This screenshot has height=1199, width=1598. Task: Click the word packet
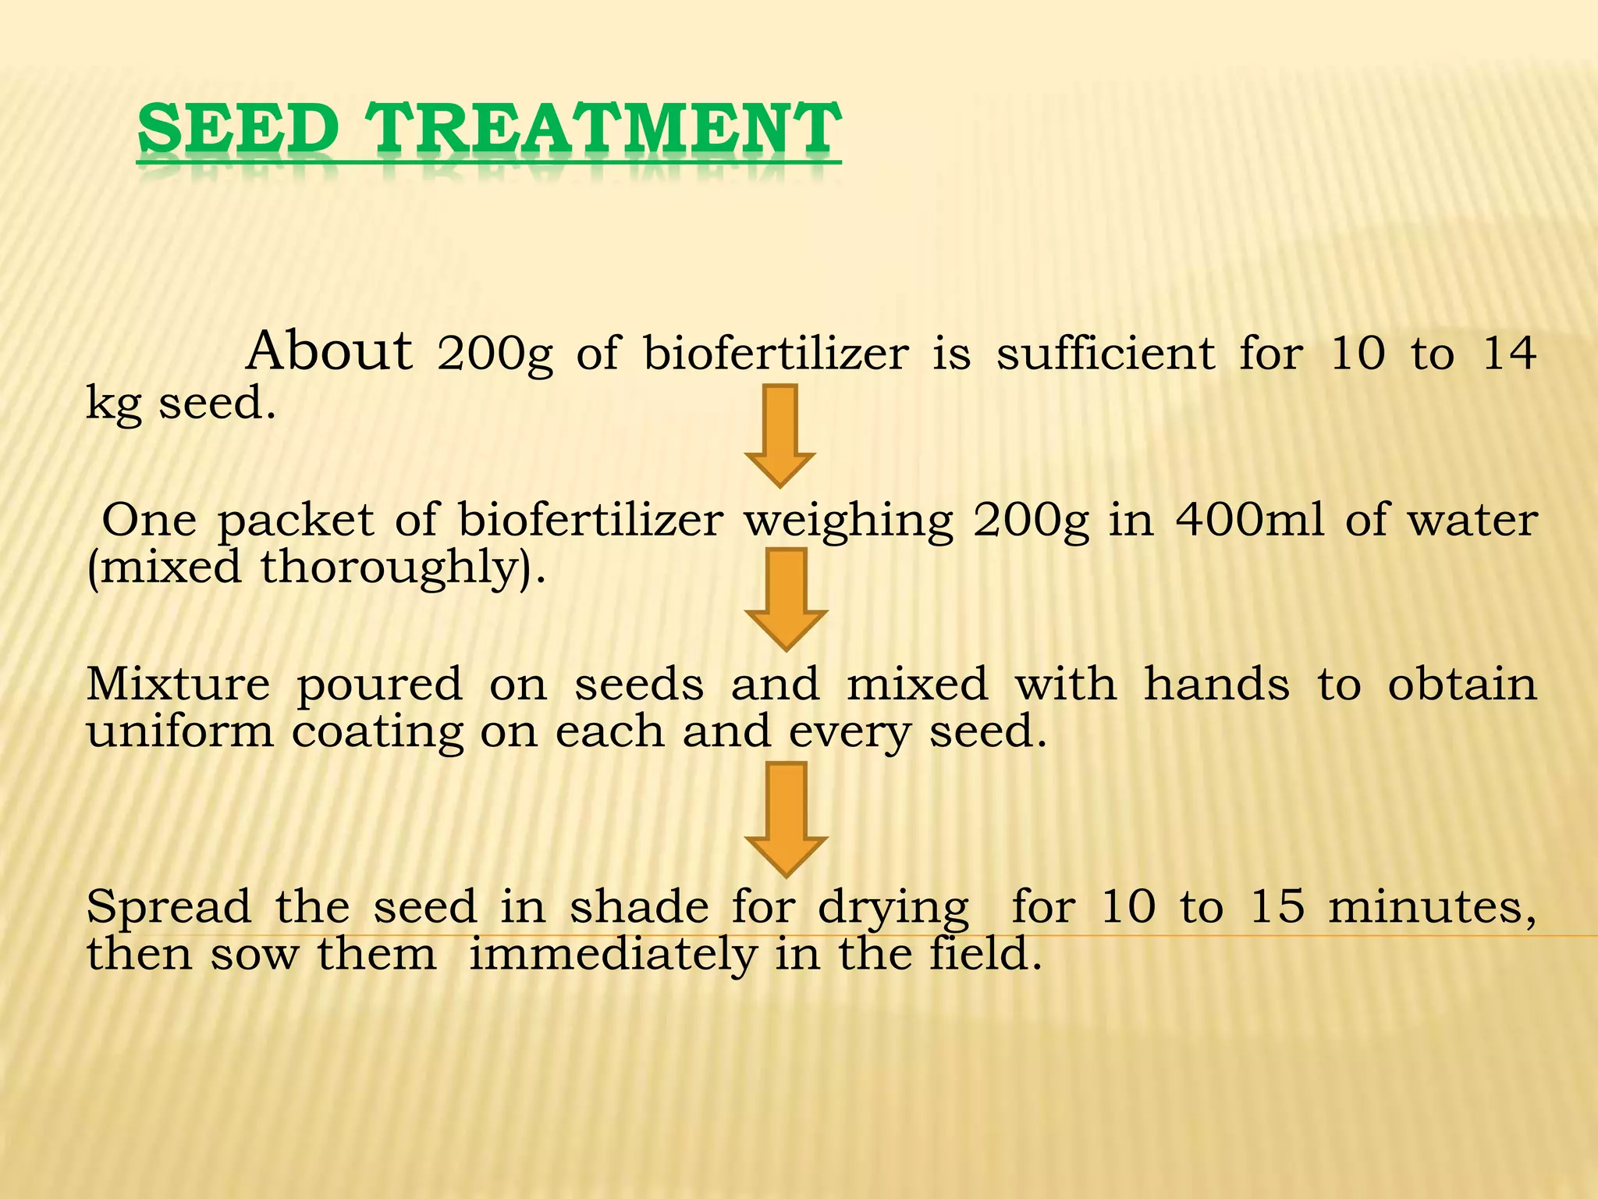[x=296, y=520]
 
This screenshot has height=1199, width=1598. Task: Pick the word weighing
[x=848, y=521]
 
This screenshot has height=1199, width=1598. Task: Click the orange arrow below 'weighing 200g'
[x=786, y=598]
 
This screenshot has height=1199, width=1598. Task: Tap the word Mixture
[x=178, y=684]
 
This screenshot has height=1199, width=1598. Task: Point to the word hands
[x=1216, y=684]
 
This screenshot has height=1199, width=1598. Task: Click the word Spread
[x=169, y=908]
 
